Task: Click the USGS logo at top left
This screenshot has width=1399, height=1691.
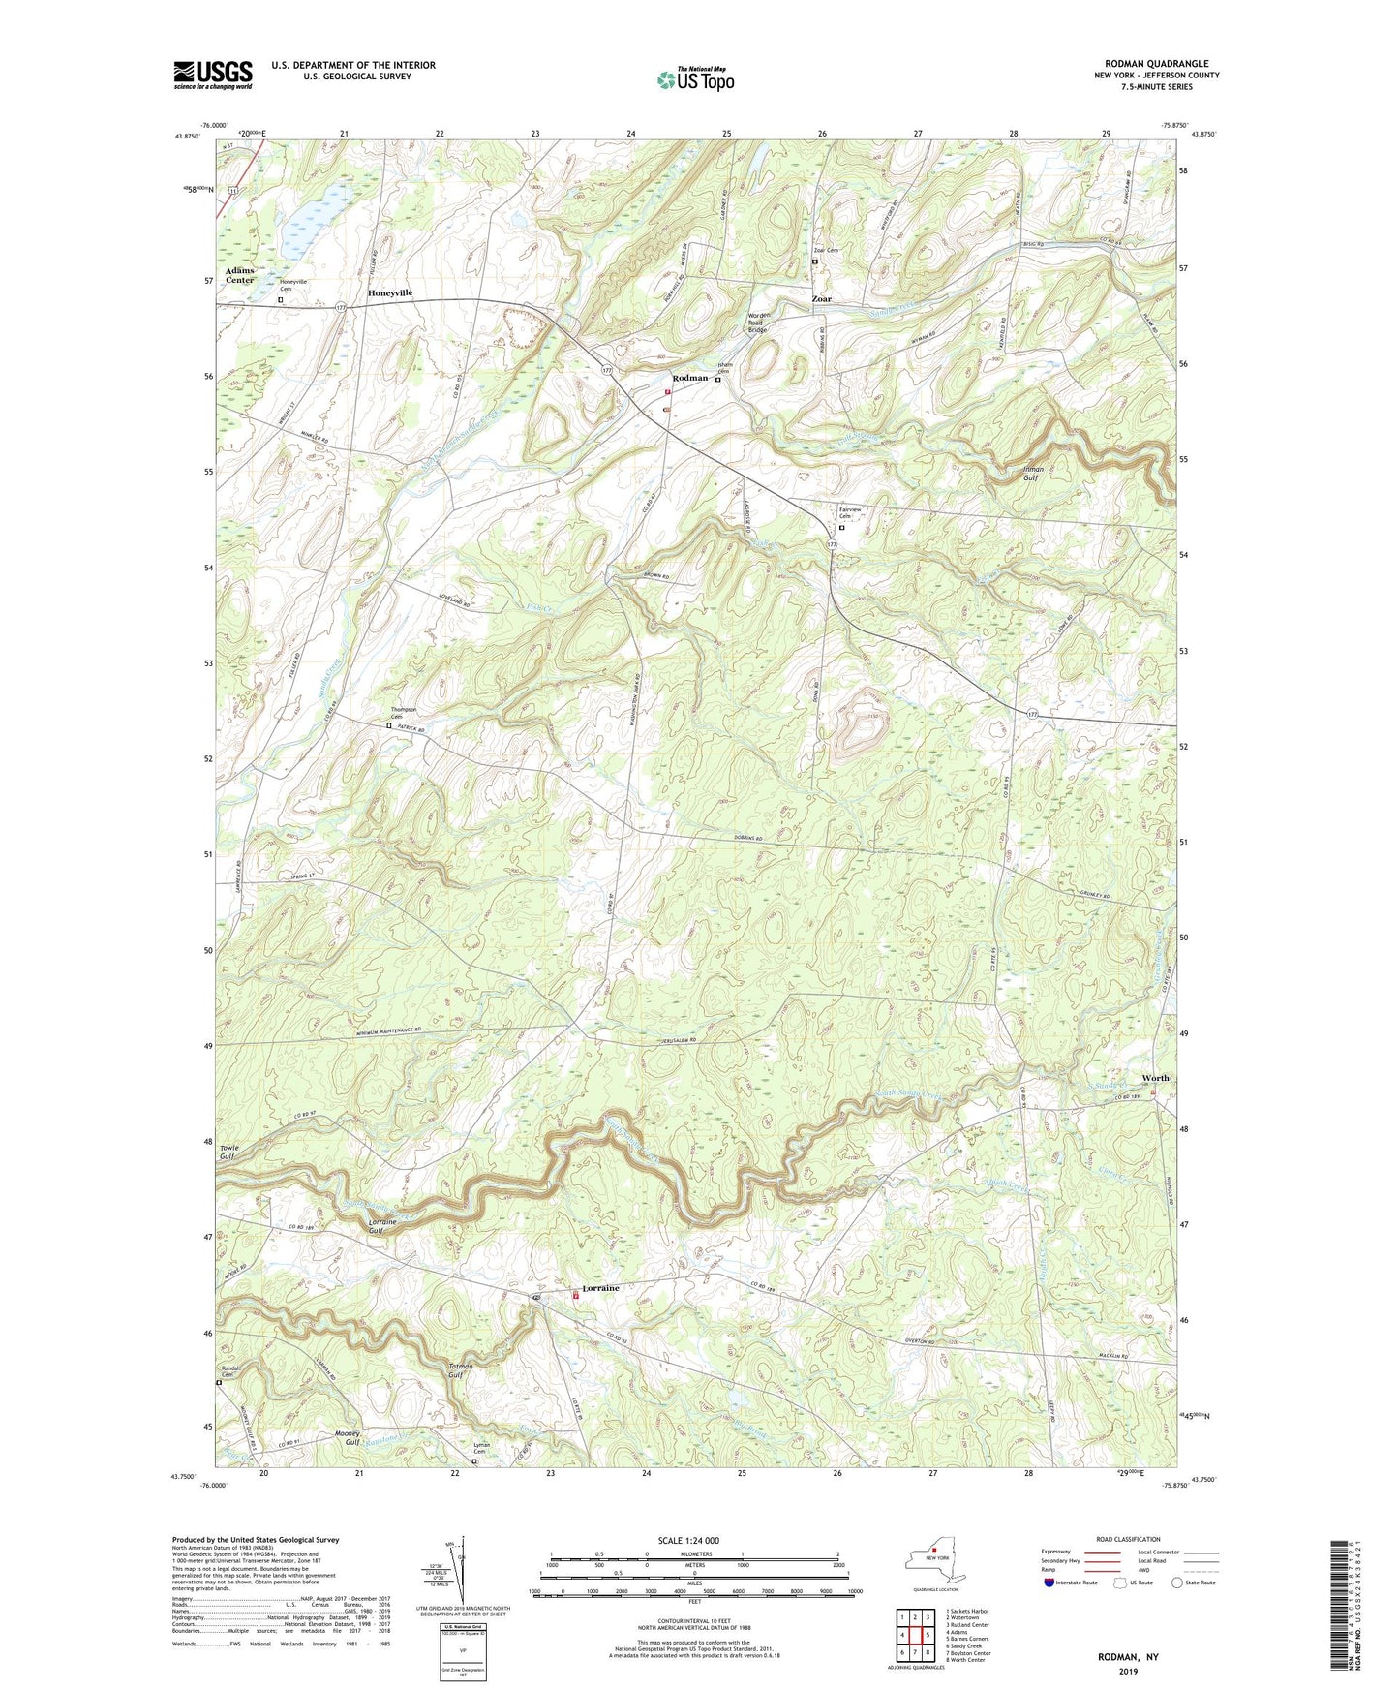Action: click(x=213, y=75)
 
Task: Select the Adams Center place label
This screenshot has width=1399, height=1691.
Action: click(x=239, y=275)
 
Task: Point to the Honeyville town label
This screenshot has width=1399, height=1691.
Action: click(x=397, y=292)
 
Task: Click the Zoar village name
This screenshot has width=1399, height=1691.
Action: click(x=821, y=299)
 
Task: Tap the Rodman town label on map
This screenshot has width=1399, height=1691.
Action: click(x=690, y=378)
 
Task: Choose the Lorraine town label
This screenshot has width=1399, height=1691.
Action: click(x=599, y=1289)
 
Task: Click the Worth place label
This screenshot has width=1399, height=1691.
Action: click(x=1154, y=1078)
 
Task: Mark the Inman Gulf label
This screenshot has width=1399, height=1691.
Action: click(x=1034, y=474)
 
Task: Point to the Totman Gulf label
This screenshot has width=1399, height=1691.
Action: click(x=461, y=1370)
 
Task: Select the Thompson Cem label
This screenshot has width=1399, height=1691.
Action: click(x=404, y=713)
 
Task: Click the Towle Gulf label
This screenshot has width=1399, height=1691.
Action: click(x=228, y=1152)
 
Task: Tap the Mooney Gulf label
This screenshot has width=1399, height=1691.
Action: click(x=347, y=1437)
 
